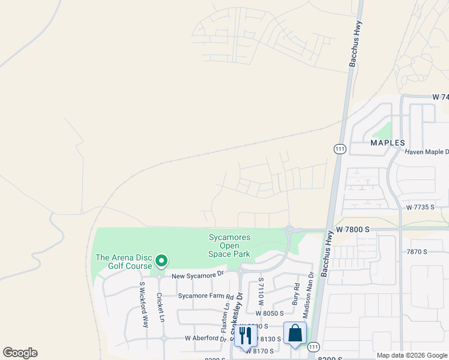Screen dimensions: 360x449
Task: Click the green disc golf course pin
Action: tap(161, 261)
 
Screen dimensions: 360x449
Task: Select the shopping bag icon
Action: tap(295, 333)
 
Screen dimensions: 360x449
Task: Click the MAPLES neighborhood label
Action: tap(388, 143)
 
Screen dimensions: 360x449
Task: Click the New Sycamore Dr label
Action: tap(197, 275)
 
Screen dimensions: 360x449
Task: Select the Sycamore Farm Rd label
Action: tap(205, 296)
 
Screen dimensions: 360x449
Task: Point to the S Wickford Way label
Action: tap(144, 304)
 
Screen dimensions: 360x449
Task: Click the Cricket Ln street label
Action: tap(160, 307)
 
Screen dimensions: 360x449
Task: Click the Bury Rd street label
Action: tap(296, 295)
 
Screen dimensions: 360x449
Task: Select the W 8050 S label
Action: tap(268, 313)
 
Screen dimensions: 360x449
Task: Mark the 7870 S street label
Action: tap(416, 252)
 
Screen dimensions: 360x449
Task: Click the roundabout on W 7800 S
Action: tap(290, 229)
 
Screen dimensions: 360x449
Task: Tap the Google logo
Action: tap(20, 353)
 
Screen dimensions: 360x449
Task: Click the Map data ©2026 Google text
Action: tap(412, 355)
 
